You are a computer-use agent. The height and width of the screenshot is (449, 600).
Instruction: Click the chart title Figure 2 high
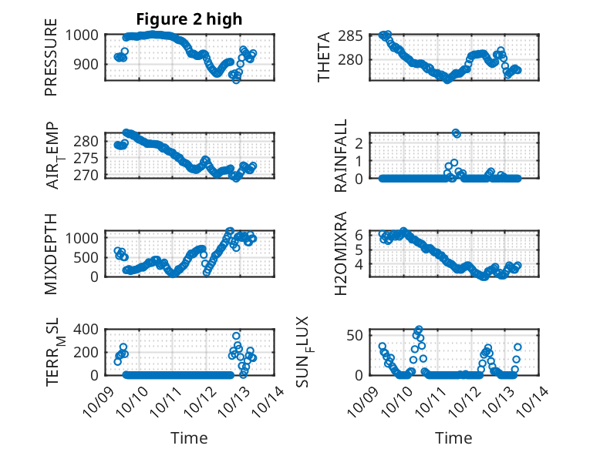(190, 18)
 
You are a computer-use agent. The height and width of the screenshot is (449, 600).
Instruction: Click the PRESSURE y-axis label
(51, 61)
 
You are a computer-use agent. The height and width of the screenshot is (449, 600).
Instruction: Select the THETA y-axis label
(325, 57)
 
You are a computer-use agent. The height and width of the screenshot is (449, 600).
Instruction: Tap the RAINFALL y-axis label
(340, 156)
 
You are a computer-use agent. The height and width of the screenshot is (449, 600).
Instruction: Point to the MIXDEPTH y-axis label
(51, 254)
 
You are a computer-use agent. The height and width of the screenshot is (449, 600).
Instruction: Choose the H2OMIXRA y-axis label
(340, 254)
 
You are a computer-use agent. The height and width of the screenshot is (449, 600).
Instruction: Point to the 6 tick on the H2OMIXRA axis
(359, 233)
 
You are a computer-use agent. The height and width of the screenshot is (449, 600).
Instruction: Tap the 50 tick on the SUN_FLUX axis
(356, 335)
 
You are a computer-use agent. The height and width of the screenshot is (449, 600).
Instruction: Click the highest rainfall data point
(456, 133)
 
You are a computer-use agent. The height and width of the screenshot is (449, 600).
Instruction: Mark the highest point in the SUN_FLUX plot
(419, 330)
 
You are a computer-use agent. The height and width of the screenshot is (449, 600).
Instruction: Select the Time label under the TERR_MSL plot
(189, 437)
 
